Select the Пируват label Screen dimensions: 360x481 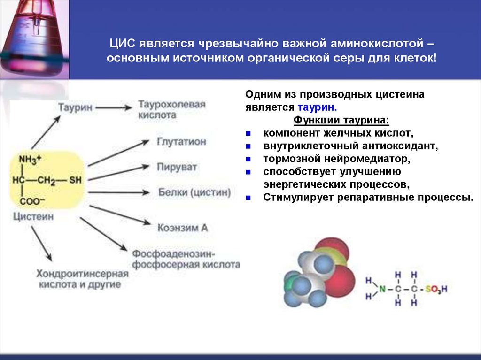coord(177,167)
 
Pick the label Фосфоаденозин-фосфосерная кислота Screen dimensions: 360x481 coord(186,259)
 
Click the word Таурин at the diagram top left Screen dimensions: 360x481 coord(75,107)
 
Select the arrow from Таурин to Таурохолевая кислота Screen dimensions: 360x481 coord(115,107)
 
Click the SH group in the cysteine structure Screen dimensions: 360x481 coord(75,180)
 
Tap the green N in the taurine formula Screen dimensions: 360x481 coord(383,290)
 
